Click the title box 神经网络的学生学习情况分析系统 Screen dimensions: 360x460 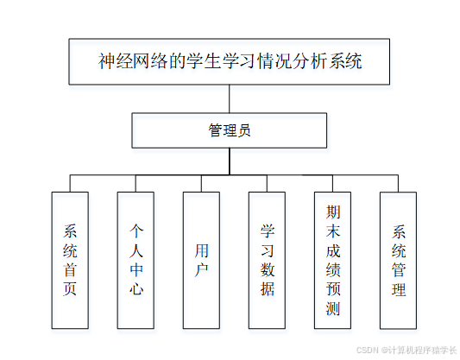pos(230,61)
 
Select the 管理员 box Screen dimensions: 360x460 pos(230,130)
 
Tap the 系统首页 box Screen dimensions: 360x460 pos(70,259)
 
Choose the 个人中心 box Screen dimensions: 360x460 pos(135,259)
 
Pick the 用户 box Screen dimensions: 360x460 pos(201,259)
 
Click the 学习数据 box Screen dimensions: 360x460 pos(267,259)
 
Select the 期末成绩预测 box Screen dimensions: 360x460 pos(332,259)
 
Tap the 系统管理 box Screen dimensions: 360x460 pos(398,259)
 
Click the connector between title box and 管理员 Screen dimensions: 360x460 pos(230,98)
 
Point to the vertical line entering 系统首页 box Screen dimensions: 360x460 pos(70,182)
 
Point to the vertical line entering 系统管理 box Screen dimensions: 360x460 pos(398,182)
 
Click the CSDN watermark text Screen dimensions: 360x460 pos(406,349)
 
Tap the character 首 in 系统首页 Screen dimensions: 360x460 pos(70,269)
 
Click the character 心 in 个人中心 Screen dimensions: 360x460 pos(135,289)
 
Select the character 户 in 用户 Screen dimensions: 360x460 pos(201,269)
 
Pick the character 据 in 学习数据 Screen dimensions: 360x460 pos(267,289)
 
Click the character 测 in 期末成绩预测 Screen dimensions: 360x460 pos(332,308)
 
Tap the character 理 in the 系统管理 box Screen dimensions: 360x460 pos(398,289)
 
